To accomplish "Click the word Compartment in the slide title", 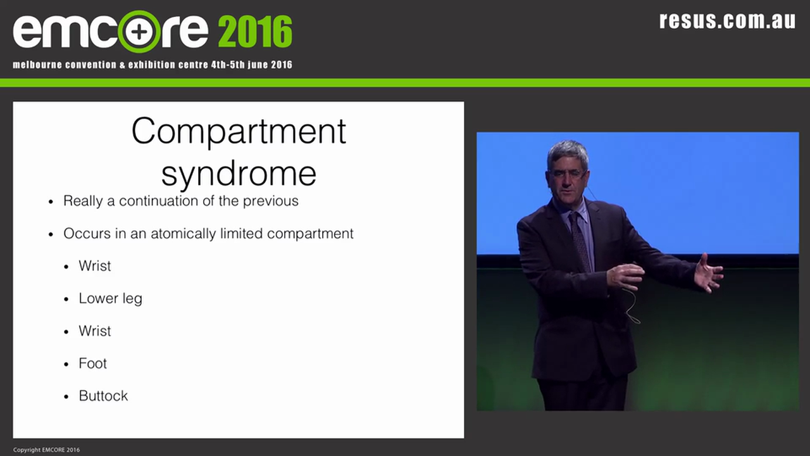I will tap(239, 132).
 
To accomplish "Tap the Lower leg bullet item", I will tap(110, 298).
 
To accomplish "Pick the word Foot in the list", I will tap(92, 364).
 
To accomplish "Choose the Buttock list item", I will tap(103, 396).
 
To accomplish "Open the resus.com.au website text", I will tap(727, 20).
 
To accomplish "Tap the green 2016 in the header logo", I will tap(255, 31).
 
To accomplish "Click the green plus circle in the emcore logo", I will tap(139, 31).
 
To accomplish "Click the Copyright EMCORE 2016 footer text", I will tap(46, 450).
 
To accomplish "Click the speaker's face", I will tap(568, 174).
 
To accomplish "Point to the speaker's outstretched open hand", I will tap(707, 274).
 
